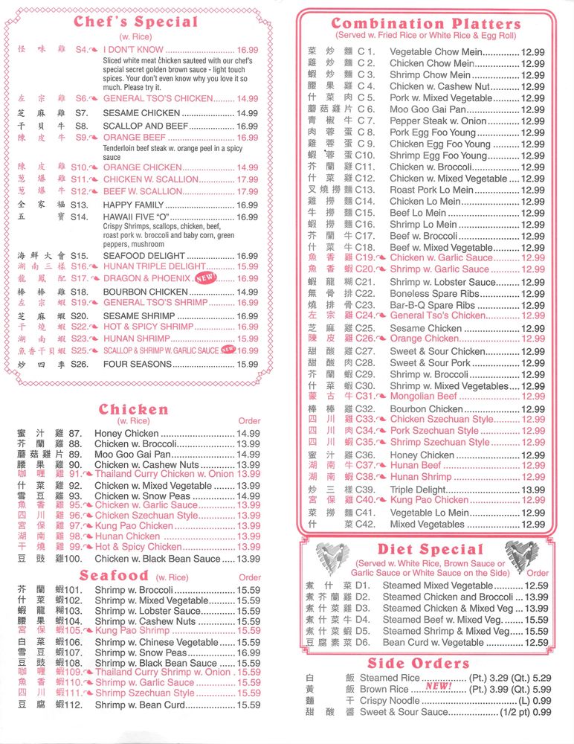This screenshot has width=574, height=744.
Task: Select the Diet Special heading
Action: tap(430, 551)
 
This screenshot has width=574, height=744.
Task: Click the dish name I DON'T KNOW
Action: tap(133, 50)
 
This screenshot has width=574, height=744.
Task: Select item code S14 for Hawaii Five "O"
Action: tap(80, 217)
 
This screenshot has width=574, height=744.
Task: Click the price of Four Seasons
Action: tap(248, 365)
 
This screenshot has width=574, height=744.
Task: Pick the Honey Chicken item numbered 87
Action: tap(126, 433)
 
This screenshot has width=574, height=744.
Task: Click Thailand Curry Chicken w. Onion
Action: tap(164, 474)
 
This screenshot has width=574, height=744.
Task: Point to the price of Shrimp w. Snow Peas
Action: tap(248, 652)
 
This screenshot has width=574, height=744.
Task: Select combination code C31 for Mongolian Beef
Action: tap(366, 397)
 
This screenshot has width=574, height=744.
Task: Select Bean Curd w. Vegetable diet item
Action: tap(433, 643)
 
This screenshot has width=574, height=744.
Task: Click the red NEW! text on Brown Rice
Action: tap(439, 687)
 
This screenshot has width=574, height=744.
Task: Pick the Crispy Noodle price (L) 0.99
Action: tap(535, 700)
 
